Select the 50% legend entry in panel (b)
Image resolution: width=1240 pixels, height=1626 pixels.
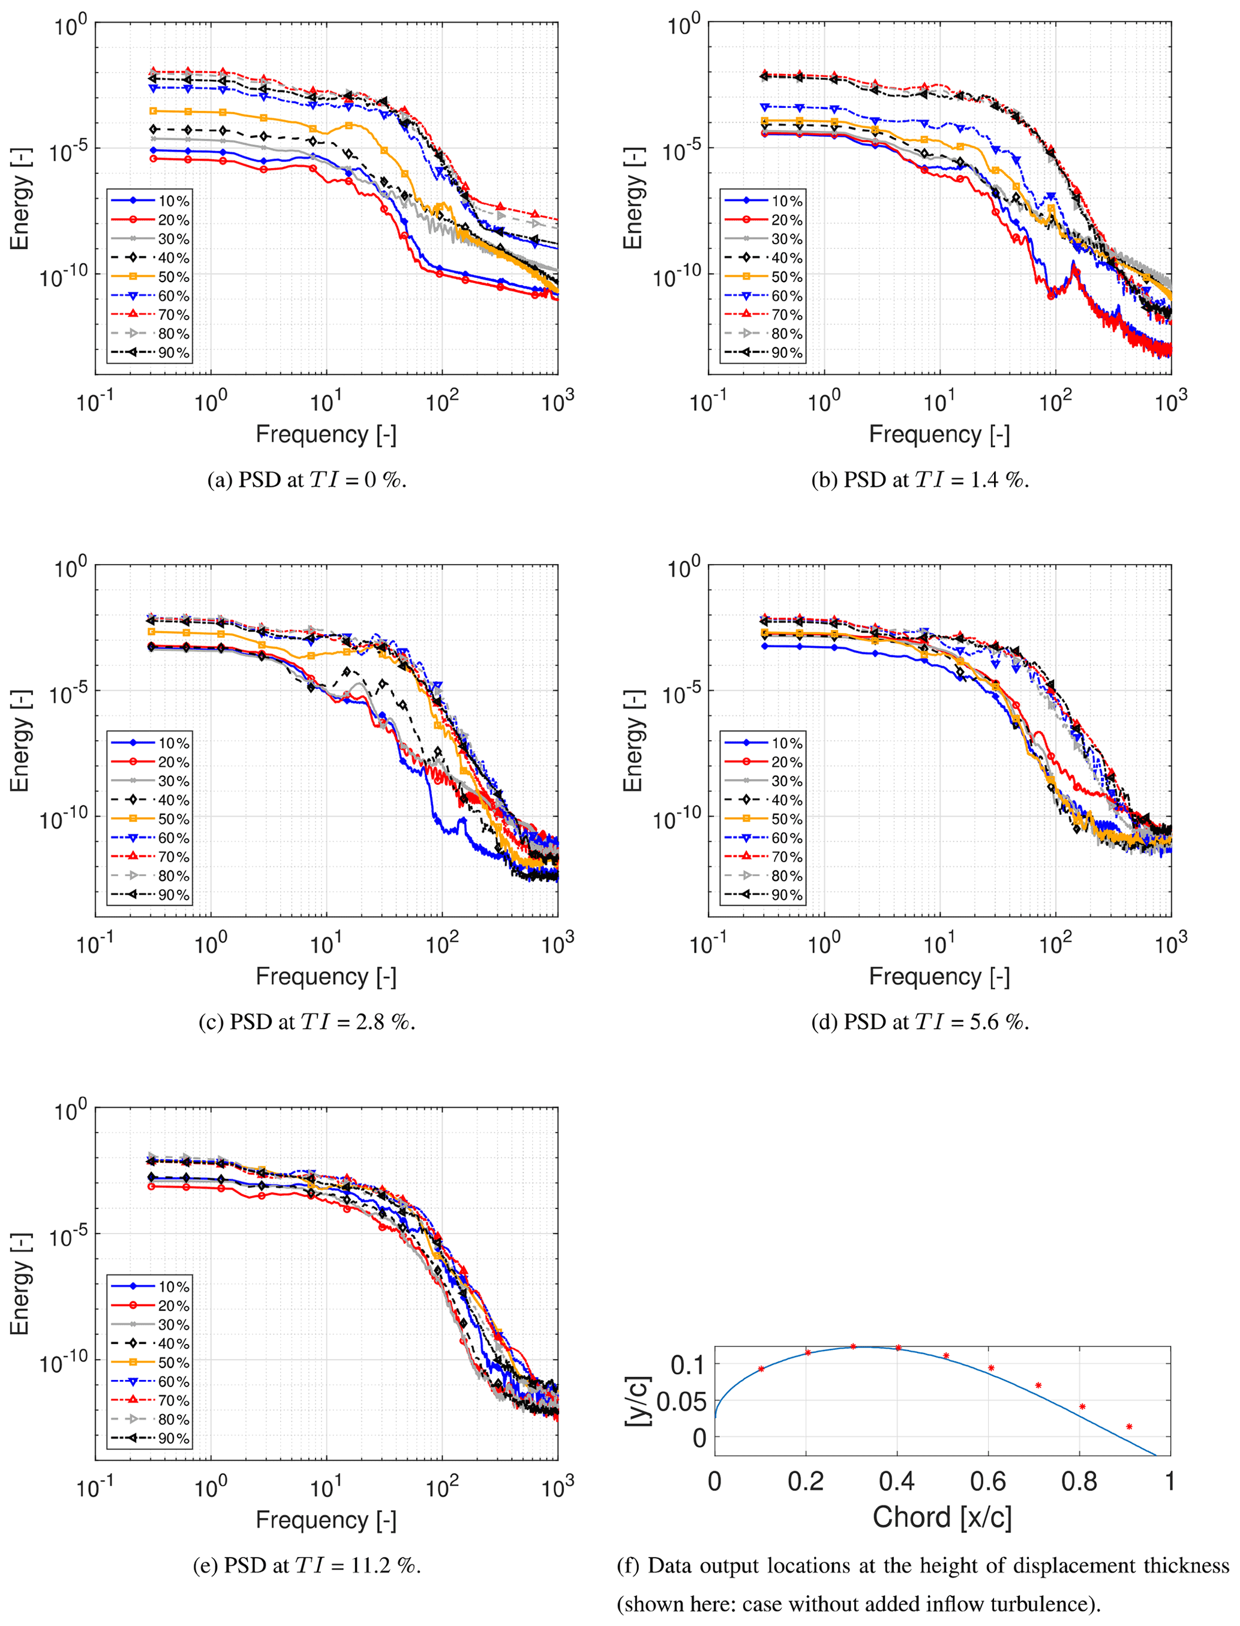(763, 277)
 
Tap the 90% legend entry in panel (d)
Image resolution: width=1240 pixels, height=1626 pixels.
(763, 895)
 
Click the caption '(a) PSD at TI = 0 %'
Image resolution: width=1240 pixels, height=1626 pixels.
(307, 481)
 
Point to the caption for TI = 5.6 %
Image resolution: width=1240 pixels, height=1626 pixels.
(920, 1022)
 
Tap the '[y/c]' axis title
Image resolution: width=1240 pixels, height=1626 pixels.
(638, 1401)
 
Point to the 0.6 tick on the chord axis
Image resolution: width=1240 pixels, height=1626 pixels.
(987, 1481)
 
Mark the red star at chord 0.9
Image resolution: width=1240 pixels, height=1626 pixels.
(1129, 1427)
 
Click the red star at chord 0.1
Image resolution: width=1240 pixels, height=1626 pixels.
(761, 1369)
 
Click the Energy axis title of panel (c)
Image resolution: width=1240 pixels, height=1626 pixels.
(20, 740)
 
